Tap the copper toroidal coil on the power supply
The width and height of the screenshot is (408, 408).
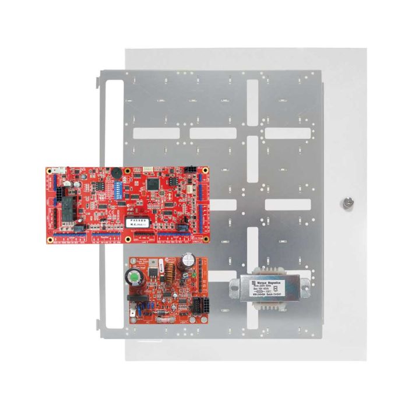(x=171, y=272)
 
